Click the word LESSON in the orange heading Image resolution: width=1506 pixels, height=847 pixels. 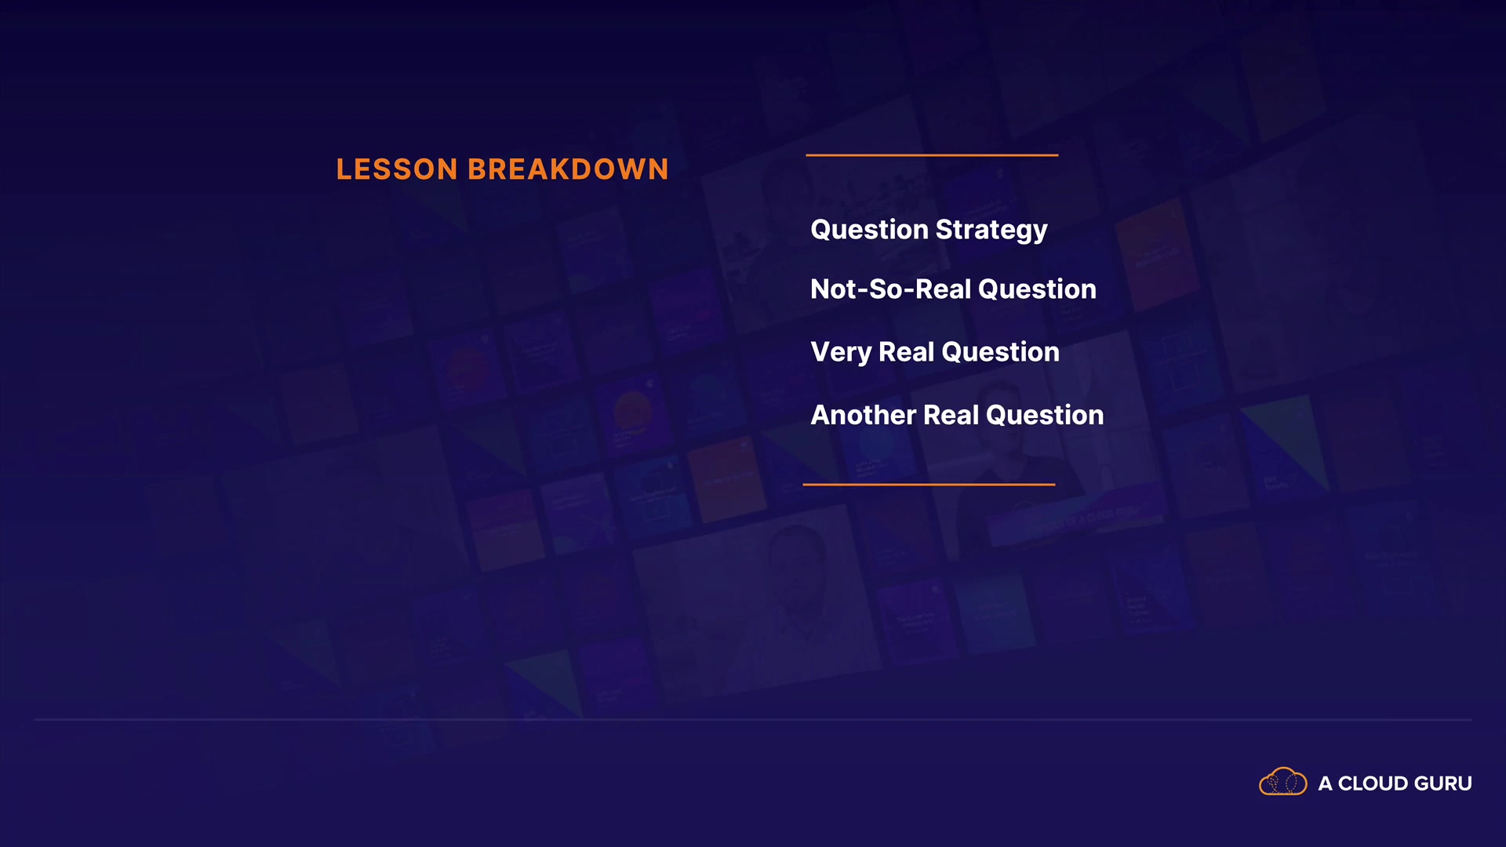[397, 169]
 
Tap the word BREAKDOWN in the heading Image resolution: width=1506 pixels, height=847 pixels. [568, 169]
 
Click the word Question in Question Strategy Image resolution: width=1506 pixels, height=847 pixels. [870, 230]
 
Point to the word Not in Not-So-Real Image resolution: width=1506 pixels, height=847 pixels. [834, 289]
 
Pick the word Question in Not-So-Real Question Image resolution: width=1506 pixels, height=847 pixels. [1037, 289]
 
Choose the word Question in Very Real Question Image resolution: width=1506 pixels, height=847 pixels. [1000, 352]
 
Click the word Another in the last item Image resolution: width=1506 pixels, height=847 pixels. [864, 415]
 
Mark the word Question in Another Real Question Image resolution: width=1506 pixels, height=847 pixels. [1045, 415]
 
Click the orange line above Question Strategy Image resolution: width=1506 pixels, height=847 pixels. [932, 155]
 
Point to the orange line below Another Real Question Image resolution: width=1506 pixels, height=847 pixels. [929, 485]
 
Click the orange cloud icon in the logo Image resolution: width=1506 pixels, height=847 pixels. [1283, 782]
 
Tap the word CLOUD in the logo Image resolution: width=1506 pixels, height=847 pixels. [1373, 783]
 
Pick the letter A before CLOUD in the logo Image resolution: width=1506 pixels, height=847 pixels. [1326, 783]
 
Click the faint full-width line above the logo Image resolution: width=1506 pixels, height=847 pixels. [753, 719]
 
